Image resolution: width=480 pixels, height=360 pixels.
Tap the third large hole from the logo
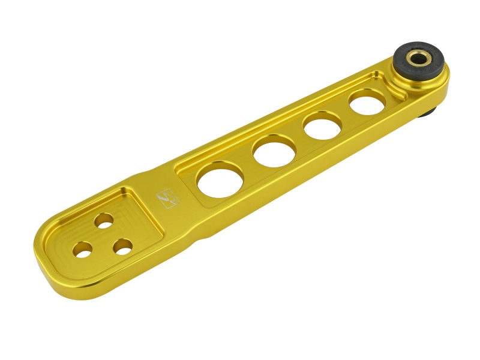tap(323, 127)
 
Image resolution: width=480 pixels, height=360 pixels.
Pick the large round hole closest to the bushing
tap(367, 104)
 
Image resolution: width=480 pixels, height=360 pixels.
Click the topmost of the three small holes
tap(103, 220)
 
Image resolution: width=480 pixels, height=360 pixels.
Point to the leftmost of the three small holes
tap(83, 249)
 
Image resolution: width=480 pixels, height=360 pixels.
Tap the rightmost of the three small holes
tap(123, 245)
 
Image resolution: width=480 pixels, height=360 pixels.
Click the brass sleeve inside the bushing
tap(416, 58)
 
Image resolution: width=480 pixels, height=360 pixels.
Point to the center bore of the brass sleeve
tap(416, 58)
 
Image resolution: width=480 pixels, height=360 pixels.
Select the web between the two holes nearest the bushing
tap(345, 115)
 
